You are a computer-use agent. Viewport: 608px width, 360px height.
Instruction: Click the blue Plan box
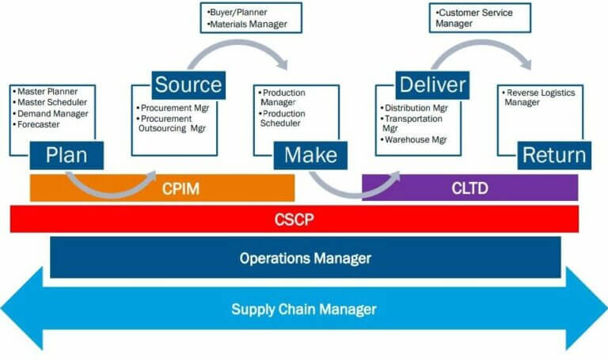pyautogui.click(x=66, y=153)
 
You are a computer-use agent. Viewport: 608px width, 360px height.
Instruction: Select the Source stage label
pyautogui.click(x=188, y=84)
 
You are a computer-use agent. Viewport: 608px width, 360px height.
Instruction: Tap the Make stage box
pyautogui.click(x=310, y=154)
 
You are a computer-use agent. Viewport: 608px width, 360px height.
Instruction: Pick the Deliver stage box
pyautogui.click(x=432, y=84)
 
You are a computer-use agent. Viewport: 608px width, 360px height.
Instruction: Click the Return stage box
pyautogui.click(x=553, y=154)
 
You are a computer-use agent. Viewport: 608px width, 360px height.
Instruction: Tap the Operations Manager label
pyautogui.click(x=305, y=258)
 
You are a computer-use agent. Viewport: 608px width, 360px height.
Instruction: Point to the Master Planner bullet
pyautogui.click(x=47, y=91)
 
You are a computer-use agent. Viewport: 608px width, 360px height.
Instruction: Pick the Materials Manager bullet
pyautogui.click(x=248, y=25)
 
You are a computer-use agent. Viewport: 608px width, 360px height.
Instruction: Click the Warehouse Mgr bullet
pyautogui.click(x=417, y=140)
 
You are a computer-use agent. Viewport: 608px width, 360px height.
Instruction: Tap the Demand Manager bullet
pyautogui.click(x=49, y=112)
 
